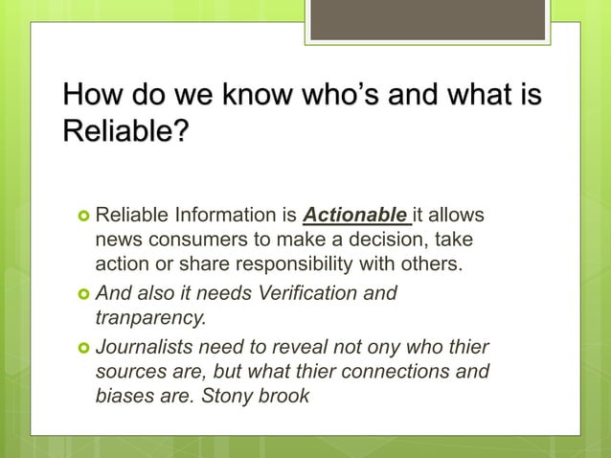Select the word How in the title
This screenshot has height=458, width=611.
tap(91, 97)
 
